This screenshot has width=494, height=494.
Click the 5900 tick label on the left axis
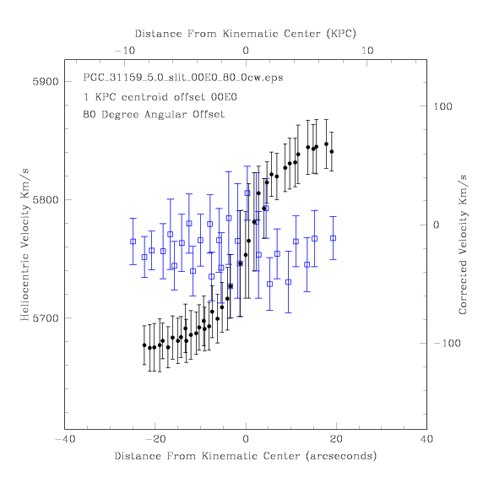tap(46, 82)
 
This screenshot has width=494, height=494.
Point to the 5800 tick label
tap(46, 200)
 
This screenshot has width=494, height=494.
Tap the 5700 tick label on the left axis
tap(46, 318)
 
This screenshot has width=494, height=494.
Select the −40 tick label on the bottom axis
tap(65, 439)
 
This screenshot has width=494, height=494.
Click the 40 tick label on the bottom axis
tap(426, 439)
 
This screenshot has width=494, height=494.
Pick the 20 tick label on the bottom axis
tap(336, 439)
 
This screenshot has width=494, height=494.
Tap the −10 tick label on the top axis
tap(125, 51)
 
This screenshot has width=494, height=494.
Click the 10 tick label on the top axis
tap(367, 51)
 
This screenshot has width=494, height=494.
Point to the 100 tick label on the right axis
tap(442, 106)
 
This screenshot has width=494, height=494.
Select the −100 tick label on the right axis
tap(447, 343)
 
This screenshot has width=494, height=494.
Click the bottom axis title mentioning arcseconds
tap(246, 456)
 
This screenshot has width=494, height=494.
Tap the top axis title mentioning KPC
tap(246, 34)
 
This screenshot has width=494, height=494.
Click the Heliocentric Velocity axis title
tap(24, 245)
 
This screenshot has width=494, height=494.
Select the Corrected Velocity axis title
tap(463, 245)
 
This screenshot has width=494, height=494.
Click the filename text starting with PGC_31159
tap(183, 78)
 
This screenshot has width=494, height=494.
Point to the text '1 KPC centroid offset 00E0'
tap(160, 97)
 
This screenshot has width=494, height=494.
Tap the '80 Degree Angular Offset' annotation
tap(154, 114)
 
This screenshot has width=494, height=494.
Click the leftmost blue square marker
tap(133, 242)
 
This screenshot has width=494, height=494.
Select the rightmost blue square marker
tap(333, 238)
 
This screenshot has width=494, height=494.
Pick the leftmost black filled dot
tap(144, 345)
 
